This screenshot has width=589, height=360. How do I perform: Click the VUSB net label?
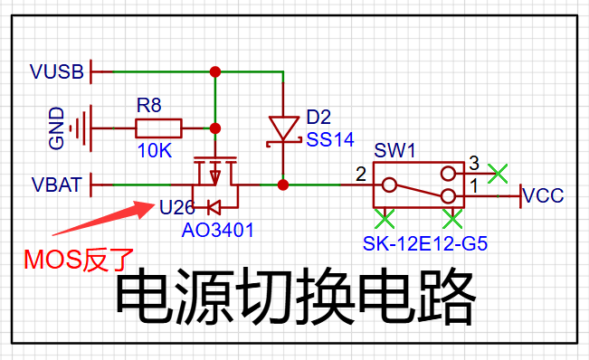(57, 71)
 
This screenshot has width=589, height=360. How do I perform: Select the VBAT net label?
(57, 185)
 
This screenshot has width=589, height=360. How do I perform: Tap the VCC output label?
(543, 195)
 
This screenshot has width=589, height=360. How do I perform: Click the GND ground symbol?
(81, 128)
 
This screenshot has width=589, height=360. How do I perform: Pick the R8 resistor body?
(158, 128)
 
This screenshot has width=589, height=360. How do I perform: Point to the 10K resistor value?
(155, 151)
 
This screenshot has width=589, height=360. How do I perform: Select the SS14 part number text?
(330, 139)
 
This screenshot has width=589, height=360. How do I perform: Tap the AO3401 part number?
(217, 230)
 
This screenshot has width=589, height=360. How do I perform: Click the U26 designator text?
(177, 207)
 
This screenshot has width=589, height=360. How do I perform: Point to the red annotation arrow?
(103, 219)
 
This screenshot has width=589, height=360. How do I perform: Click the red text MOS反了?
(79, 260)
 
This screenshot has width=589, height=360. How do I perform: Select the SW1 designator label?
(394, 150)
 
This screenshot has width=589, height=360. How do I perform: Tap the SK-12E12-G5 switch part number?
(425, 243)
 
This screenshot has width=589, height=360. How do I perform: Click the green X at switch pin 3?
(498, 174)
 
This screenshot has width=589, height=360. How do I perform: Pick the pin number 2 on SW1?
(361, 175)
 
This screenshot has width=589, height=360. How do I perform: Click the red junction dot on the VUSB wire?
(215, 71)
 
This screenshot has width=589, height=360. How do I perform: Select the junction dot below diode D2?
(283, 185)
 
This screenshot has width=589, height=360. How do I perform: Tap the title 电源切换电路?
(295, 297)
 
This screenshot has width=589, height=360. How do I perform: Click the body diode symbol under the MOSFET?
(214, 207)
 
